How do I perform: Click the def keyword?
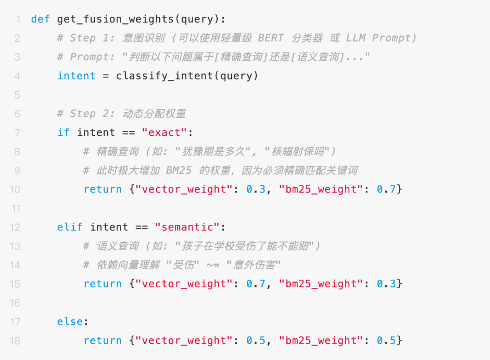point(40,19)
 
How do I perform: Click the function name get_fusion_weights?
point(116,19)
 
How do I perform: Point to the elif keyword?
point(70,227)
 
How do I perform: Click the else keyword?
point(70,322)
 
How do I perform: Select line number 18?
point(15,340)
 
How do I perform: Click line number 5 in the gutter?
point(17,95)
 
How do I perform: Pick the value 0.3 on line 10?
point(256,189)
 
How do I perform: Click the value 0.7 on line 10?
point(387,189)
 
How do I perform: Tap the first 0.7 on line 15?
point(256,284)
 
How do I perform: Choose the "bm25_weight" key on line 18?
point(321,340)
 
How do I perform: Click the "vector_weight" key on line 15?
point(184,284)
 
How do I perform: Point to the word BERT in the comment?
point(271,38)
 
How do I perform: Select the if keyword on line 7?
point(64,133)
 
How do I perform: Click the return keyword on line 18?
point(103,340)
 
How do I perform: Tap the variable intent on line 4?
point(77,76)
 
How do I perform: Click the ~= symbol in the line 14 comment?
point(213,265)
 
